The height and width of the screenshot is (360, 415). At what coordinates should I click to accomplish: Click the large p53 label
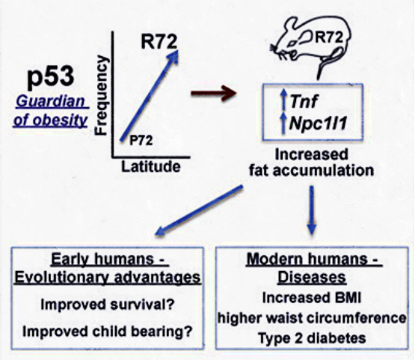(x=50, y=77)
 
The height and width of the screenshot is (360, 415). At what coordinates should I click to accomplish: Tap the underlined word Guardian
(x=50, y=102)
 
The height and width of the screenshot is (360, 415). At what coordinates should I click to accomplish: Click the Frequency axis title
(x=102, y=95)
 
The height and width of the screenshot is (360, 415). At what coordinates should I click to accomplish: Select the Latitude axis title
(x=151, y=167)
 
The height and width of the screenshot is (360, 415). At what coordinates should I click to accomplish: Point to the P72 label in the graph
(x=141, y=141)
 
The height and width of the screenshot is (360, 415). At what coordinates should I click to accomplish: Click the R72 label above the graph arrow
(x=159, y=42)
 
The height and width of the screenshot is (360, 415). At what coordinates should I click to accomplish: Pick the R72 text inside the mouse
(x=329, y=37)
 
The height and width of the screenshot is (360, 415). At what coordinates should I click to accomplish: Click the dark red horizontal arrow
(x=214, y=94)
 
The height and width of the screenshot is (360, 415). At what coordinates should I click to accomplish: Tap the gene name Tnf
(x=304, y=101)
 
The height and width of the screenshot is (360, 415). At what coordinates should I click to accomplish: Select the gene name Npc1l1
(x=318, y=123)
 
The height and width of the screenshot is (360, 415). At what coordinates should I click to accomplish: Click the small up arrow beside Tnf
(x=283, y=100)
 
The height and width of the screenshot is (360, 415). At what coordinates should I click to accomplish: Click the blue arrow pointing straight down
(x=312, y=210)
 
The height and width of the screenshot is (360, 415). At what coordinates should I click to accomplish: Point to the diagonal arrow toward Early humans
(x=199, y=210)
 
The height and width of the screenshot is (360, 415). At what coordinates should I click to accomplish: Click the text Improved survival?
(x=108, y=305)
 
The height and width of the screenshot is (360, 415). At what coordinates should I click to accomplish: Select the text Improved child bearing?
(x=107, y=332)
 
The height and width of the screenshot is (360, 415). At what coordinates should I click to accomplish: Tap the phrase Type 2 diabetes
(x=313, y=338)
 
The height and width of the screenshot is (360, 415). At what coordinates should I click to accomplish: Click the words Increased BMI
(x=312, y=298)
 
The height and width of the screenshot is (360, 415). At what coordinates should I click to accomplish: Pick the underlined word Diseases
(x=312, y=278)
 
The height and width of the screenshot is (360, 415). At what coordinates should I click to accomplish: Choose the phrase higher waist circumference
(x=312, y=318)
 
